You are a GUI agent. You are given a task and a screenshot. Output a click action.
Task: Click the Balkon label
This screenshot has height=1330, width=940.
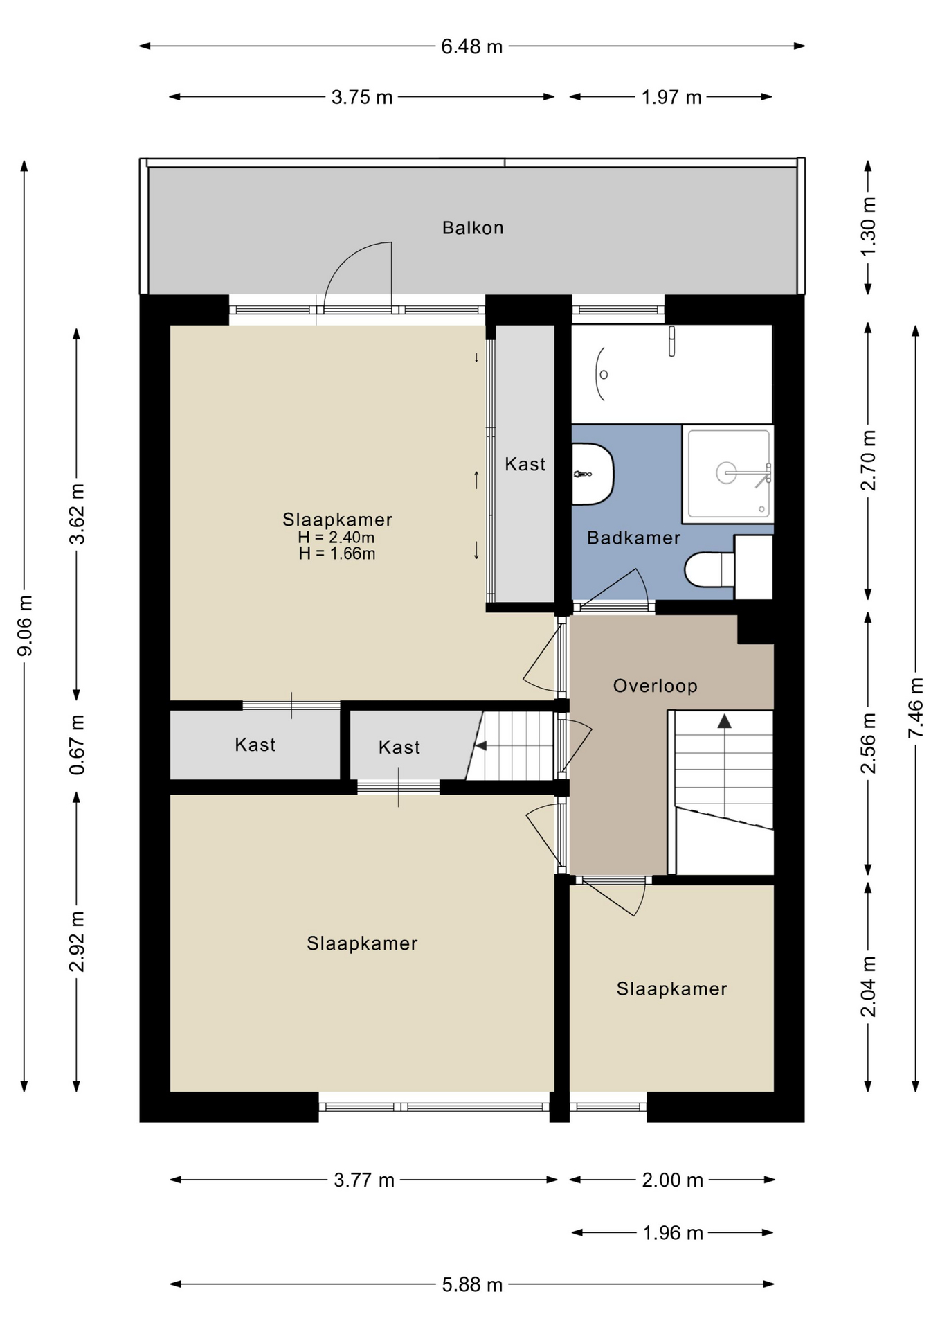[x=473, y=228]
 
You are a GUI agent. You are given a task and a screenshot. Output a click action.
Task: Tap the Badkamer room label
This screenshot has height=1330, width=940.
[x=633, y=538]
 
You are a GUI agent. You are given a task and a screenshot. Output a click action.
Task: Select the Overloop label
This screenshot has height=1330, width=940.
[x=655, y=686]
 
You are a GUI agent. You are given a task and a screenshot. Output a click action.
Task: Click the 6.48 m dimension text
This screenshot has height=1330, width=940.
[x=471, y=46]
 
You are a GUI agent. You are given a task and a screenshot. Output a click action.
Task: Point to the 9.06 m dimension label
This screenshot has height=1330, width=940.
[x=26, y=626]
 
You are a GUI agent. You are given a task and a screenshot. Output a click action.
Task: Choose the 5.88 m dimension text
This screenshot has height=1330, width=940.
[x=472, y=1284]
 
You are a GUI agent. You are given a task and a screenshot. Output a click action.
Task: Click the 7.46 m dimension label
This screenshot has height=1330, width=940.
[x=916, y=708]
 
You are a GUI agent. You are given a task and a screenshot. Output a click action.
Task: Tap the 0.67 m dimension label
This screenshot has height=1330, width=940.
[x=78, y=745]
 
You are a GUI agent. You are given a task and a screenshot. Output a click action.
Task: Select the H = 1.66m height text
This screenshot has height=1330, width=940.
[x=337, y=553]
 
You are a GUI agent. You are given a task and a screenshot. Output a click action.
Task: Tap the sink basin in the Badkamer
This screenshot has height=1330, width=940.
[x=593, y=475]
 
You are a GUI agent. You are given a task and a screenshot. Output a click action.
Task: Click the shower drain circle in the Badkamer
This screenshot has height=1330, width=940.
[x=726, y=473]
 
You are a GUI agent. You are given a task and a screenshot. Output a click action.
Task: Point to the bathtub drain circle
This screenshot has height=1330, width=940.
[x=604, y=375]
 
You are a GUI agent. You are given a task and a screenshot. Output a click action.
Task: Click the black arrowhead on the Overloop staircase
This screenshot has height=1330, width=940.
[x=724, y=721]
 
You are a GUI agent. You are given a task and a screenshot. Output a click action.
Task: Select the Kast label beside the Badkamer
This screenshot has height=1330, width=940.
[x=525, y=464]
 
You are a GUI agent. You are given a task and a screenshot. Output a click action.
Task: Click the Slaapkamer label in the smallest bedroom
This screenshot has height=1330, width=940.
[x=671, y=988]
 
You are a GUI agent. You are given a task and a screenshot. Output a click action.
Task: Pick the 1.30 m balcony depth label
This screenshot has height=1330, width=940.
[x=868, y=227]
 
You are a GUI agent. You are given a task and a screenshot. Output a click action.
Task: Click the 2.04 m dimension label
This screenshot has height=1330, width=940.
[x=868, y=986]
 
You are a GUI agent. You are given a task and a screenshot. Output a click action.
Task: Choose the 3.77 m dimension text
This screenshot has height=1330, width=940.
[x=364, y=1180]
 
